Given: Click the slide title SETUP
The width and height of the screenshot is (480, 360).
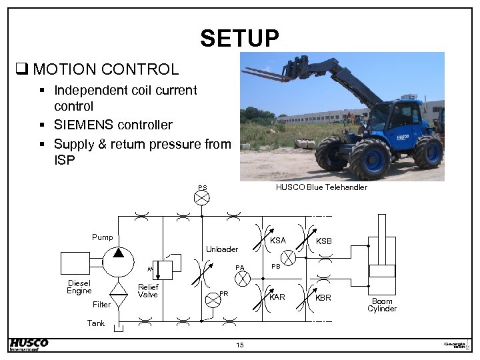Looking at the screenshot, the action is tap(239, 38).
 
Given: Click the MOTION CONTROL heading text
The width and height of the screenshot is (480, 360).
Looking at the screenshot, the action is tap(105, 69).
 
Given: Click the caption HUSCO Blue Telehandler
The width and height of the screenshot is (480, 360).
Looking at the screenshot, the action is tap(321, 187).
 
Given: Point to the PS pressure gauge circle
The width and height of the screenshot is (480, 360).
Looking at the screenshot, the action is tap(202, 197).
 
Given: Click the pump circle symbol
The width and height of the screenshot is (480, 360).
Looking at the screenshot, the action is tap(117, 261).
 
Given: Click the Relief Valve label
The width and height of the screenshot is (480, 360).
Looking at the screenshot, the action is tap(147, 291).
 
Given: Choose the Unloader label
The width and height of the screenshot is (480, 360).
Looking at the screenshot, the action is tap(221, 249).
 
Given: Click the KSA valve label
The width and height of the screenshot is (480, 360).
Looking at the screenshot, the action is tap(278, 241).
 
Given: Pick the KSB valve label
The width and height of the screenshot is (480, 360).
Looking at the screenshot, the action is tap(323, 241).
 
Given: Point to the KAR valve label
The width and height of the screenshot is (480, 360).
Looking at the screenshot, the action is tap(277, 297).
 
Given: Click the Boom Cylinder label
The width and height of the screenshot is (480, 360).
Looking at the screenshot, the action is tap(382, 305).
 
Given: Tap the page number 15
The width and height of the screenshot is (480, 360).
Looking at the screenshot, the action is tap(240, 345).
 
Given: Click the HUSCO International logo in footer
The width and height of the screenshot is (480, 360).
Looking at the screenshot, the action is tap(29, 344).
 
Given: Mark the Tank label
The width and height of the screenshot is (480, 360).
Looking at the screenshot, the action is tap(96, 323).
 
